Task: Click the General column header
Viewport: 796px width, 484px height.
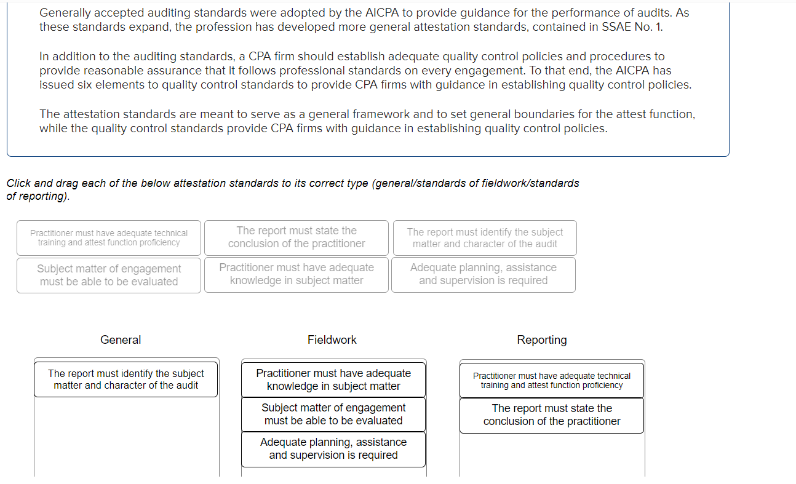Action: pyautogui.click(x=121, y=340)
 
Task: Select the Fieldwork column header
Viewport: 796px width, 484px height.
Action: pyautogui.click(x=332, y=340)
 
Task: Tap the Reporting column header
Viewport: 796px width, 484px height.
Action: pyautogui.click(x=542, y=340)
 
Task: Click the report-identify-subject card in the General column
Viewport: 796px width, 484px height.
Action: pyautogui.click(x=126, y=379)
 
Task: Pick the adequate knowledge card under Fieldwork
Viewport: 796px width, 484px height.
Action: pyautogui.click(x=333, y=379)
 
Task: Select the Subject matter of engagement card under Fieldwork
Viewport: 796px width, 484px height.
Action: pyautogui.click(x=333, y=414)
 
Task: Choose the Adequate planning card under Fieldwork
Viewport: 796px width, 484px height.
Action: pyautogui.click(x=333, y=448)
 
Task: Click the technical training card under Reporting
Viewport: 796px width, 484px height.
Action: pyautogui.click(x=552, y=380)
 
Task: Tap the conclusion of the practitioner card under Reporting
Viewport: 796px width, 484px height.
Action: pyautogui.click(x=552, y=415)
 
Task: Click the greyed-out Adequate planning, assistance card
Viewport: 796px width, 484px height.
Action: pyautogui.click(x=484, y=274)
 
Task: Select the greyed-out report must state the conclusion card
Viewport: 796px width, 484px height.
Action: pyautogui.click(x=297, y=237)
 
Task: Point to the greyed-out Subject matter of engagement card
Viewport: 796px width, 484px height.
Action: pyautogui.click(x=109, y=275)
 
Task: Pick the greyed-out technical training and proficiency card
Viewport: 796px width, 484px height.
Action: pyautogui.click(x=109, y=237)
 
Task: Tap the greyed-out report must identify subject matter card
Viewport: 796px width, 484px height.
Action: pyautogui.click(x=485, y=237)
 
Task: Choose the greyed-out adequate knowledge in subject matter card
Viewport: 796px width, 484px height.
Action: pyautogui.click(x=297, y=274)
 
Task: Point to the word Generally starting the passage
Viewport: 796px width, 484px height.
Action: pyautogui.click(x=65, y=12)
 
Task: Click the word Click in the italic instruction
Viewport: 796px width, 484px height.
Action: pyautogui.click(x=18, y=183)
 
